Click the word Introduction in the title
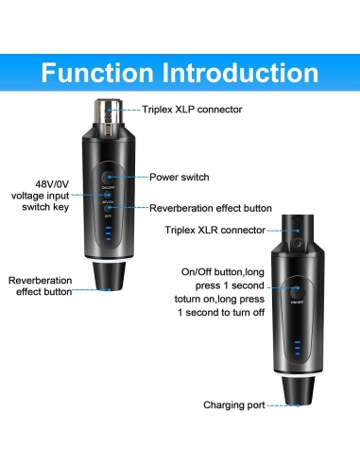240,73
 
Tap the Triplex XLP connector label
192,110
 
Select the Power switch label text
180,177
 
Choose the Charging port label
233,404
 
